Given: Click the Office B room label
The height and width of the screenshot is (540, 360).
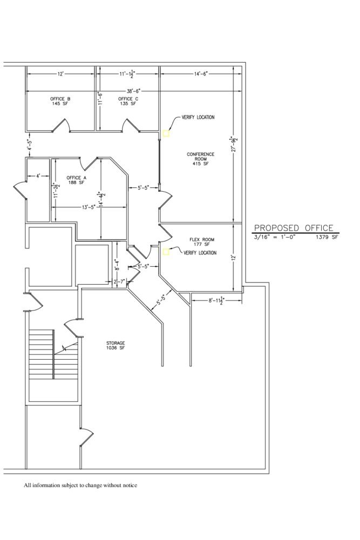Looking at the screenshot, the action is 60,101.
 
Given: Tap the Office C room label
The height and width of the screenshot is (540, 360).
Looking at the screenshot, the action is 128,101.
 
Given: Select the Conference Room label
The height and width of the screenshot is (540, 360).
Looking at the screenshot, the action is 201,159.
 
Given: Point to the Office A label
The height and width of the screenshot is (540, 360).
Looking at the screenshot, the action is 77,180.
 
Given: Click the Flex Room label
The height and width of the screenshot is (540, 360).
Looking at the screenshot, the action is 202,242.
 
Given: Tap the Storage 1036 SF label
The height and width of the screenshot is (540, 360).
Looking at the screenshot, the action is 116,346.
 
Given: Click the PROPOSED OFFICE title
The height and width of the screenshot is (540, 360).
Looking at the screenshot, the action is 294,228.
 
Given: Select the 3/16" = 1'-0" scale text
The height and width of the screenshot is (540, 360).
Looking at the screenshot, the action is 275,237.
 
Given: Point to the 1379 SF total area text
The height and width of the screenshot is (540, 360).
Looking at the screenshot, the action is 327,237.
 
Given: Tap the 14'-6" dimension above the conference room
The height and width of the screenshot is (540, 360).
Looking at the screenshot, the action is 201,73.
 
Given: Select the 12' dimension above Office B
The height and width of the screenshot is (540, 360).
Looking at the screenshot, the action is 60,73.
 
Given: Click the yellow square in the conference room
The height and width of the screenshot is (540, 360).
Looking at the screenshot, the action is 166,133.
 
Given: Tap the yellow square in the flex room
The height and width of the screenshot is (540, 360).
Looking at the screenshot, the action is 166,252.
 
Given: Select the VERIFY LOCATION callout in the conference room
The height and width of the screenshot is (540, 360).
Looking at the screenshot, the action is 198,117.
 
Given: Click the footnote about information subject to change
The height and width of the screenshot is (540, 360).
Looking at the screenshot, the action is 80,485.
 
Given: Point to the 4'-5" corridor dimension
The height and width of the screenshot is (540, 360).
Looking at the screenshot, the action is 30,145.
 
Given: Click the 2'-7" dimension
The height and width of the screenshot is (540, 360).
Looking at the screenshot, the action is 119,282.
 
